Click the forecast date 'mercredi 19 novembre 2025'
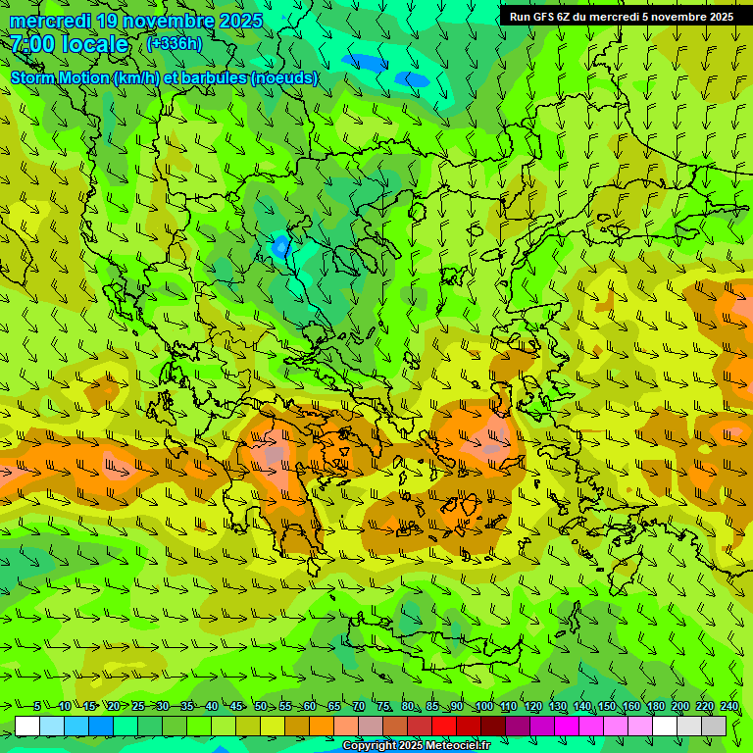(136, 21)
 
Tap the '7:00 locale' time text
(70, 44)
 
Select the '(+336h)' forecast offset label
(175, 43)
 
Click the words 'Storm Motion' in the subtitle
(60, 77)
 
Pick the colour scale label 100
(483, 707)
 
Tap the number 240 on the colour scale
(728, 707)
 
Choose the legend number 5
(37, 707)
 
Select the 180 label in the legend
(655, 707)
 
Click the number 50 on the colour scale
(261, 707)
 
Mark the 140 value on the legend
(581, 707)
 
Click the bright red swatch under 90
(444, 726)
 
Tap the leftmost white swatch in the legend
(27, 726)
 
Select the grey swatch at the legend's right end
(714, 726)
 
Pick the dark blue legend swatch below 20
(101, 726)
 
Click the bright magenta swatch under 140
(567, 726)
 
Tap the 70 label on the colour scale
(359, 707)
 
